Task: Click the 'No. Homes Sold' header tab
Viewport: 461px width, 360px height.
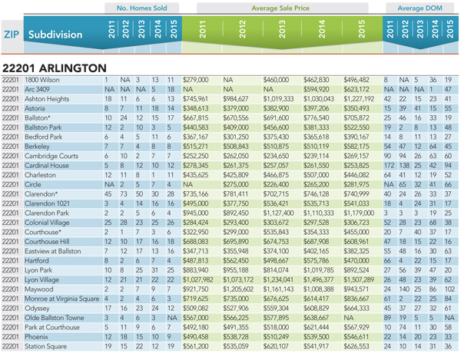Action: (x=141, y=8)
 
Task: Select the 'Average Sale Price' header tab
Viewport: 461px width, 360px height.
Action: (x=280, y=8)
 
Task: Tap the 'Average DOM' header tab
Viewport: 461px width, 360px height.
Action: (x=420, y=8)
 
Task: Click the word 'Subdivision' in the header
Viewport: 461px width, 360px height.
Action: (x=55, y=35)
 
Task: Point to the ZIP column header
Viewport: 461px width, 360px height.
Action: (x=12, y=35)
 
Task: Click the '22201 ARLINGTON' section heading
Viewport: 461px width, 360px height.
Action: (x=55, y=68)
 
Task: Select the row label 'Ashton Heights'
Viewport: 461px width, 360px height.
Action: (x=47, y=99)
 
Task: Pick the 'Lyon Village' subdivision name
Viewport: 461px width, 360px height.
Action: (x=41, y=280)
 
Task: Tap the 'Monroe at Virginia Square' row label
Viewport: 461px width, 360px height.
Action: (x=62, y=299)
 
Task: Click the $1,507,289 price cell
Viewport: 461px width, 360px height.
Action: (x=359, y=280)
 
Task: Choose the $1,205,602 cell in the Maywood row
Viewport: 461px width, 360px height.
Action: (x=238, y=289)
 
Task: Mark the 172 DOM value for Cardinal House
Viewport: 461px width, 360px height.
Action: (x=389, y=166)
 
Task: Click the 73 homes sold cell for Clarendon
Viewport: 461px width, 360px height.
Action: (x=124, y=194)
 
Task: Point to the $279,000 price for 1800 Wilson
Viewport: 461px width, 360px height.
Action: (x=195, y=80)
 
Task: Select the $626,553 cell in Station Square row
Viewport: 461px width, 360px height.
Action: (x=357, y=346)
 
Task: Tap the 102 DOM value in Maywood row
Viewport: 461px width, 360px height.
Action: (x=449, y=289)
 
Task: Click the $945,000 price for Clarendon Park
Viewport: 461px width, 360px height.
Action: (x=195, y=213)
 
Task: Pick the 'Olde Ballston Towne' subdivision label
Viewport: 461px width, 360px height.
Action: (x=55, y=318)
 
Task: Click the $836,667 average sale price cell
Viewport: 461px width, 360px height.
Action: (x=357, y=299)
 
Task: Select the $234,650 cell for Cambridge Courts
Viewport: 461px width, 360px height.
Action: (x=276, y=156)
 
